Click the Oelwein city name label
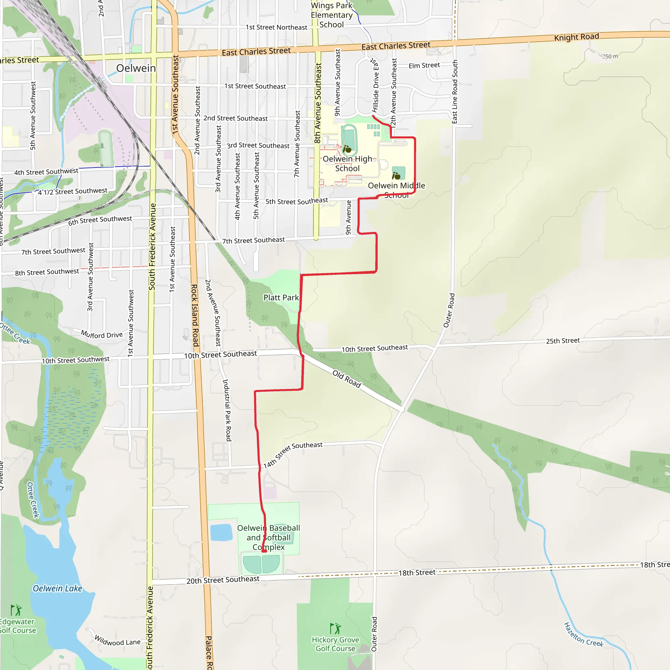[x=136, y=68]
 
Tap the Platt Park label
[x=281, y=298]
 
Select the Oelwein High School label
[x=347, y=164]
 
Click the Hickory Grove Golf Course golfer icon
[x=335, y=628]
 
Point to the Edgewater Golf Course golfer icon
[x=16, y=610]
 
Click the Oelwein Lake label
[x=58, y=589]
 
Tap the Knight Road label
[x=576, y=37]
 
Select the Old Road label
[x=346, y=379]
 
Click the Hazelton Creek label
[x=583, y=635]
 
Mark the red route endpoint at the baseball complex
[x=264, y=551]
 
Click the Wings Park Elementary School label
[x=331, y=15]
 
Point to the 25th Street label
[x=563, y=341]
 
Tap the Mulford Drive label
[x=102, y=334]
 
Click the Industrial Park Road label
[x=227, y=410]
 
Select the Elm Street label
[x=424, y=65]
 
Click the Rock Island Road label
[x=195, y=315]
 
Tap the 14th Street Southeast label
[x=293, y=454]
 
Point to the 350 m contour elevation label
[x=610, y=56]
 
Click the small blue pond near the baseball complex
[x=221, y=532]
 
